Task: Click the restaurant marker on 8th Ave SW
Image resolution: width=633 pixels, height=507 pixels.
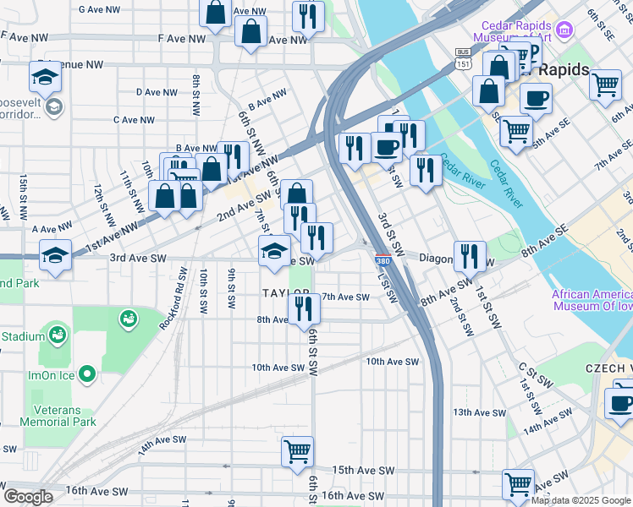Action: point(304,309)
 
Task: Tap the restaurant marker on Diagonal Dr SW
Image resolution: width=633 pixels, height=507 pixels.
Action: point(470,256)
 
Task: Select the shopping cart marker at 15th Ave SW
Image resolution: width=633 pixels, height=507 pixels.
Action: point(297,451)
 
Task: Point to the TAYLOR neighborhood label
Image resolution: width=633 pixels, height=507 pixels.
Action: point(286,292)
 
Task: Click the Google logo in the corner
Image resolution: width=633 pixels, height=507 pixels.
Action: point(28,497)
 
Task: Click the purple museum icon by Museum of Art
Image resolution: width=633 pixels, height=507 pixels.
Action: point(565,30)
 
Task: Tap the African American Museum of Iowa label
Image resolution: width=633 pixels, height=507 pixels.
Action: point(592,301)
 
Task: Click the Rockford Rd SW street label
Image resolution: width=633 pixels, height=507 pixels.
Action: point(181,289)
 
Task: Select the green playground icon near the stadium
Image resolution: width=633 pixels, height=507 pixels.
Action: point(129,319)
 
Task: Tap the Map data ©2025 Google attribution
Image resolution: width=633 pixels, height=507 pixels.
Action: point(580,500)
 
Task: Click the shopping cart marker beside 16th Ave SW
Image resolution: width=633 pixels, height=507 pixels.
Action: point(518,484)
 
